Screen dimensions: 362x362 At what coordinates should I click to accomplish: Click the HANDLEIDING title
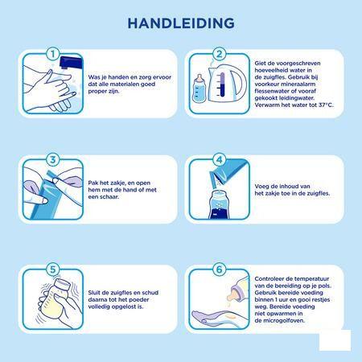pos(181,23)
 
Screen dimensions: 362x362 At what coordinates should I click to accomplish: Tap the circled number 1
pos(53,54)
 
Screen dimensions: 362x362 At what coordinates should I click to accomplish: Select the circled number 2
pos(220,54)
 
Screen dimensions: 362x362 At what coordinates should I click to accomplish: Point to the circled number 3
pos(53,159)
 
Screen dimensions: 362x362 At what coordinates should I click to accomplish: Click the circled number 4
pos(220,159)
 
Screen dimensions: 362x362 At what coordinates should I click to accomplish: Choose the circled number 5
pos(53,269)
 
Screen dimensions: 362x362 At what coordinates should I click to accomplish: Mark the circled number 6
pos(220,269)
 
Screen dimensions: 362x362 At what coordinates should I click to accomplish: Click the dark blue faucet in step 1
pos(71,62)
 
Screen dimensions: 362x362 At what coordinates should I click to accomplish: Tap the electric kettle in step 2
pos(228,84)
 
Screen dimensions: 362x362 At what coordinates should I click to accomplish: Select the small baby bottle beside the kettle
pos(199,88)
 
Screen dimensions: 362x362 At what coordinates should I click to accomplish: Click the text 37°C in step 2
pos(326,105)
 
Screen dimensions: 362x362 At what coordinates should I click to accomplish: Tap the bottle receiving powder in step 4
pos(220,204)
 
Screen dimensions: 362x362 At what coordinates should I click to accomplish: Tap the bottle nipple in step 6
pos(232,294)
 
